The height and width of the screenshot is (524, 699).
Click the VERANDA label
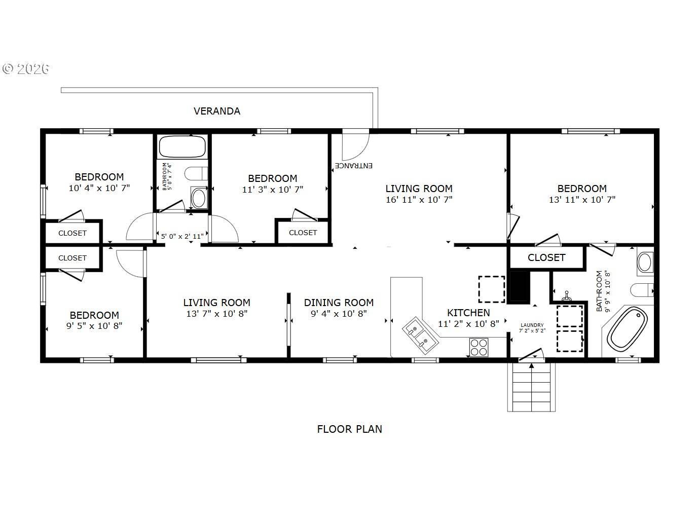click(x=217, y=111)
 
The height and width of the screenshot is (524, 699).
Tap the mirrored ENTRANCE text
click(x=353, y=166)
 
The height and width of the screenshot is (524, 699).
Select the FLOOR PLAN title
click(x=349, y=429)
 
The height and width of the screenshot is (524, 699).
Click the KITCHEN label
click(x=468, y=313)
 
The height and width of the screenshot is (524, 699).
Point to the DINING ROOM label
click(x=339, y=303)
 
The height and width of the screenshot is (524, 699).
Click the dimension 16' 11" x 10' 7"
click(x=419, y=200)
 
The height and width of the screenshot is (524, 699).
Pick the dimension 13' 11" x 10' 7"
click(x=582, y=200)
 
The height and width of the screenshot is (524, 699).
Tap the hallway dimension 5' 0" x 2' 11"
click(x=182, y=236)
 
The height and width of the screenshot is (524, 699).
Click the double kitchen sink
click(x=420, y=334)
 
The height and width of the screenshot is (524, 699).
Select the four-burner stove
click(x=479, y=347)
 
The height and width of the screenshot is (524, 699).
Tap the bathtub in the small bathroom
click(x=182, y=146)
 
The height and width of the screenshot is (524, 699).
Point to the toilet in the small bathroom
click(x=196, y=174)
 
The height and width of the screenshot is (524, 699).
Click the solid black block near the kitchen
click(x=520, y=285)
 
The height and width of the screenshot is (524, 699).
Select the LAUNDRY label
click(x=532, y=325)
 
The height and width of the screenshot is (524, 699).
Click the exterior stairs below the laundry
click(x=531, y=387)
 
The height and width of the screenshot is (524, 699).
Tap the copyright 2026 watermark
click(x=26, y=69)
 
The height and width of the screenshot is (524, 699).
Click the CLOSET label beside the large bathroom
click(x=546, y=257)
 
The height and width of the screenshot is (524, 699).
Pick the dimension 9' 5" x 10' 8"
click(x=94, y=326)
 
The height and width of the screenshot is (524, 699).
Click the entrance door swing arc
click(x=362, y=154)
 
